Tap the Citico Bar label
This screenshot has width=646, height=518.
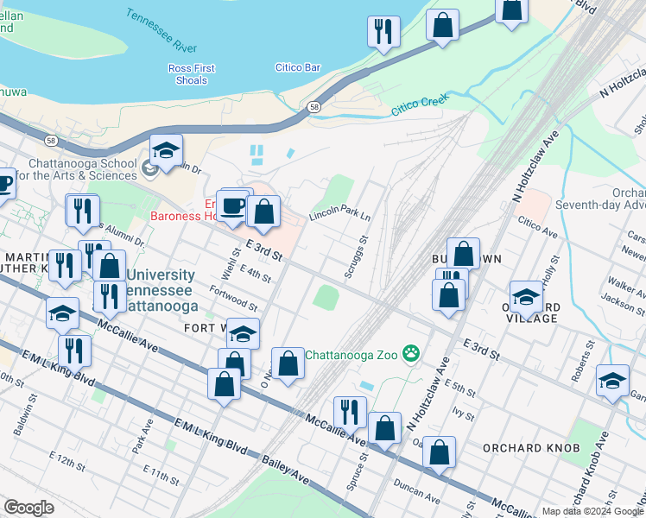[298, 67]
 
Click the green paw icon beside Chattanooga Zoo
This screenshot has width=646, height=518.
[412, 353]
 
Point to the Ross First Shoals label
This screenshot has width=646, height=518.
[190, 74]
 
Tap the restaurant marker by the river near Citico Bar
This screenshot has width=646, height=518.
[383, 32]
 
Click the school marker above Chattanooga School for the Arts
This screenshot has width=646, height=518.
[167, 150]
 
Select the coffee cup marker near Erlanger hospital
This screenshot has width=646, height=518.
[231, 206]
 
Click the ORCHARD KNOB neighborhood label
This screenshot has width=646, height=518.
[525, 448]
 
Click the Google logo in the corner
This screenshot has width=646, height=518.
[28, 508]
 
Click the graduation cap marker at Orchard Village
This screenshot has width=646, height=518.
[526, 296]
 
